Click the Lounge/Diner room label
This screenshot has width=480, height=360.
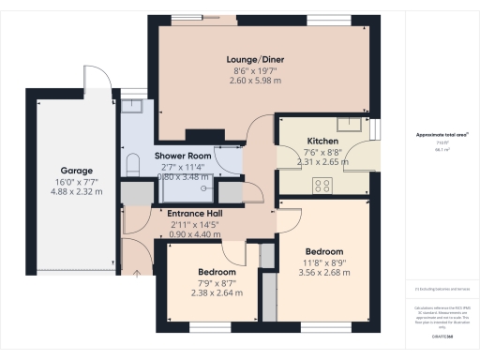259,59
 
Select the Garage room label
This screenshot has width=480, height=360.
76,93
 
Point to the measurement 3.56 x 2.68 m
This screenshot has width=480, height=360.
322,274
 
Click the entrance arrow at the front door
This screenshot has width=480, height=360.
138,273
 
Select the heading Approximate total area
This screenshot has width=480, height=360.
435,135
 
